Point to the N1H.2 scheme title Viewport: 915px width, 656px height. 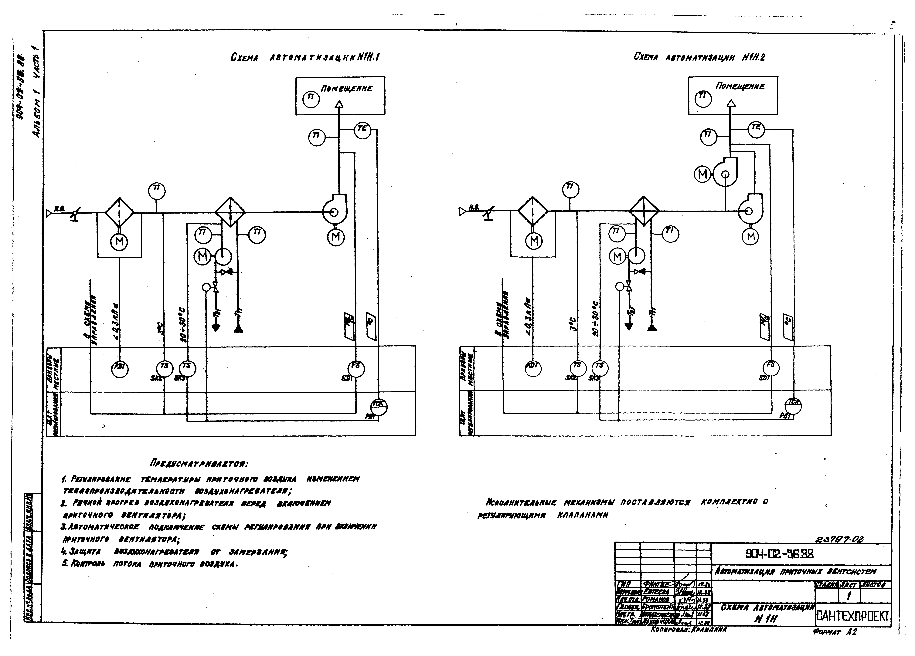[699, 57]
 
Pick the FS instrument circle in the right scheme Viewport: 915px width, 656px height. [771, 367]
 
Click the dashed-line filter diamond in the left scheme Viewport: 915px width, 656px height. [120, 212]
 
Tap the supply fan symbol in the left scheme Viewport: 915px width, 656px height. [334, 211]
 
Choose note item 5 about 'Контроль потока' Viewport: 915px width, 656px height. [150, 564]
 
